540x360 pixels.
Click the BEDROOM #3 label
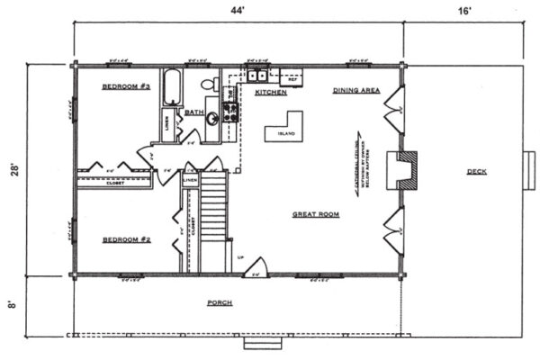point(125,86)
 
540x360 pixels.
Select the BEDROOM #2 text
point(125,239)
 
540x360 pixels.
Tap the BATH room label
point(193,112)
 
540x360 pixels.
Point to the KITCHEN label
point(271,93)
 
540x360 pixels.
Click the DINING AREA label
point(355,90)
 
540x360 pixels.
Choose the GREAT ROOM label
point(315,214)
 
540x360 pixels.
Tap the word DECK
point(476,172)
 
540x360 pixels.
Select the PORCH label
point(220,303)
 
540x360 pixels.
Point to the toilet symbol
point(208,84)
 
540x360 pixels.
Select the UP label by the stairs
point(238,257)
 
